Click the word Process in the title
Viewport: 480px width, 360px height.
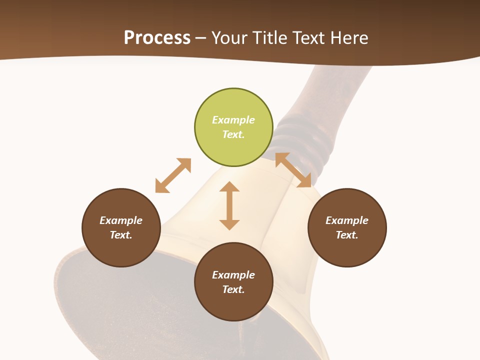coord(157,38)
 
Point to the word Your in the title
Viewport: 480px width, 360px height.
coord(231,38)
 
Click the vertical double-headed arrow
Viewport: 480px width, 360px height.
coord(229,205)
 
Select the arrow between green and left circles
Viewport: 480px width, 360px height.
coord(173,175)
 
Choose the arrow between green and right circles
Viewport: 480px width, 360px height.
coord(293,170)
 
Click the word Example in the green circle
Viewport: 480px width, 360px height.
coord(233,120)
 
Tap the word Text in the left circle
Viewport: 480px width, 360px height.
coord(121,235)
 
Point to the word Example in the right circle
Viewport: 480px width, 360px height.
coord(347,220)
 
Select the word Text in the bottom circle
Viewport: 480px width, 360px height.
coord(233,289)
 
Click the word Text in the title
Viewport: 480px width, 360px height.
coord(309,38)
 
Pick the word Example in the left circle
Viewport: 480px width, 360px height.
coord(121,220)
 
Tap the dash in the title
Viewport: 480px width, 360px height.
coord(201,38)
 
